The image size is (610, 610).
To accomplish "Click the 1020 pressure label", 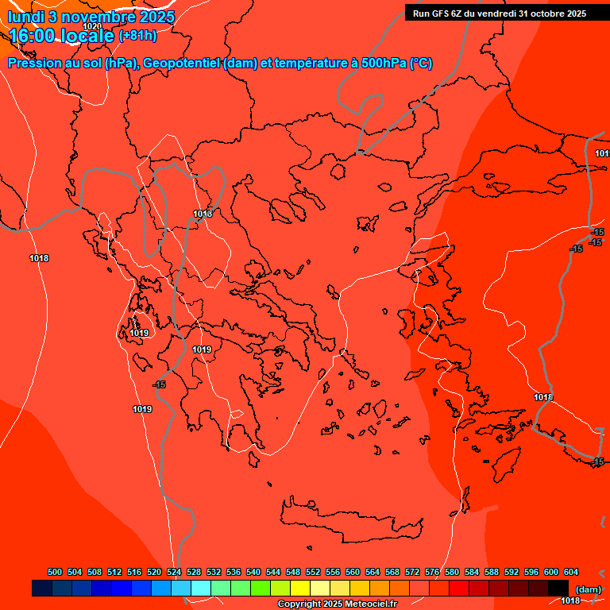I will coord(92,26).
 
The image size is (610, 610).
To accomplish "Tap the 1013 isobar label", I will coord(203,214).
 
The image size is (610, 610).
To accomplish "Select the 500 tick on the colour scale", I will coord(55,572).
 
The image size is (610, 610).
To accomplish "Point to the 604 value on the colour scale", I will coord(571,572).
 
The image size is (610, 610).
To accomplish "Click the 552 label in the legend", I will coord(313,572).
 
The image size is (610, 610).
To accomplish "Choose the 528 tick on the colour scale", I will coord(194,572).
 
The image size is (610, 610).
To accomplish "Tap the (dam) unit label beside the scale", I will coord(588,589).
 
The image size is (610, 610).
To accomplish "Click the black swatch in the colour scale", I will coord(558,588).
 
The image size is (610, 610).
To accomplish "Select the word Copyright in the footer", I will coord(301,604).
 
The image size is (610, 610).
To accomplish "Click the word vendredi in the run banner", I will coord(491,13).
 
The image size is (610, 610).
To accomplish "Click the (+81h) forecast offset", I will coord(137,35).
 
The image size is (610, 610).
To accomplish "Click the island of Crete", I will coord(349,517).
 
